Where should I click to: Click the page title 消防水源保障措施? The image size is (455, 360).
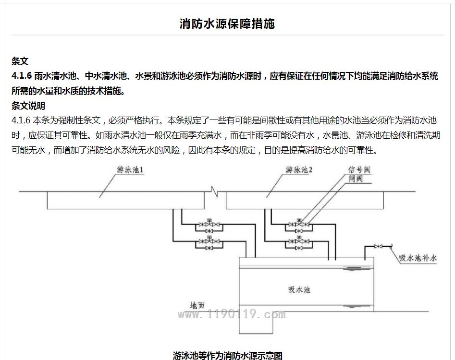(x=227, y=24)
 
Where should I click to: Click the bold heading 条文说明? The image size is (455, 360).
(x=28, y=106)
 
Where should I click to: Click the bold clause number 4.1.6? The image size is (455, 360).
(x=22, y=76)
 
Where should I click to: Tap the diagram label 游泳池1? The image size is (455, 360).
(x=130, y=170)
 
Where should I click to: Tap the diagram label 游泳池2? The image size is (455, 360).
(x=299, y=170)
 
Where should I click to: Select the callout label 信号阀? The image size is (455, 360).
(x=359, y=170)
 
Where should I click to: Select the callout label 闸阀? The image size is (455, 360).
(x=356, y=179)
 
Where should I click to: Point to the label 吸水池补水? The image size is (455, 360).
(x=418, y=258)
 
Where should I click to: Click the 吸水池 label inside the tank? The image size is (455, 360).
(x=299, y=289)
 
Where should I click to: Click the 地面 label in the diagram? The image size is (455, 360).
(x=197, y=305)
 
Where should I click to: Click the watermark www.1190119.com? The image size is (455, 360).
(x=232, y=314)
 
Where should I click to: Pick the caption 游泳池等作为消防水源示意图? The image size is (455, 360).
(x=228, y=355)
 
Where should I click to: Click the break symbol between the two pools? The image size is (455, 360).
(x=215, y=192)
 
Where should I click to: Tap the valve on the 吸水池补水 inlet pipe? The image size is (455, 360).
(x=378, y=246)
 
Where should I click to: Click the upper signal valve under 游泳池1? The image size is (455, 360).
(x=209, y=224)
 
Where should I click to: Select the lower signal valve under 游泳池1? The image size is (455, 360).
(x=209, y=241)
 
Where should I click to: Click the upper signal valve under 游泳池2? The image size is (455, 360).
(x=299, y=224)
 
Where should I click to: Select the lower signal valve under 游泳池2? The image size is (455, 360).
(x=299, y=241)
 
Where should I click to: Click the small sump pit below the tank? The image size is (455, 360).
(x=256, y=323)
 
